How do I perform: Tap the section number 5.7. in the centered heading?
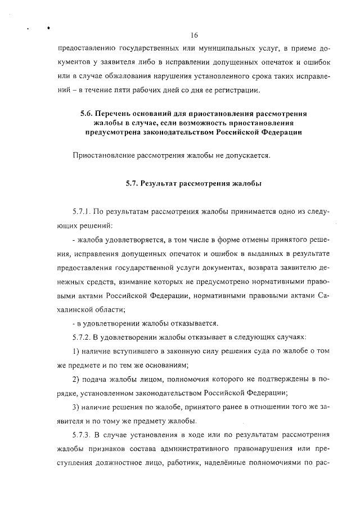pos(133,183)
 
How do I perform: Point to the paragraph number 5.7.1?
pos(81,213)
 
